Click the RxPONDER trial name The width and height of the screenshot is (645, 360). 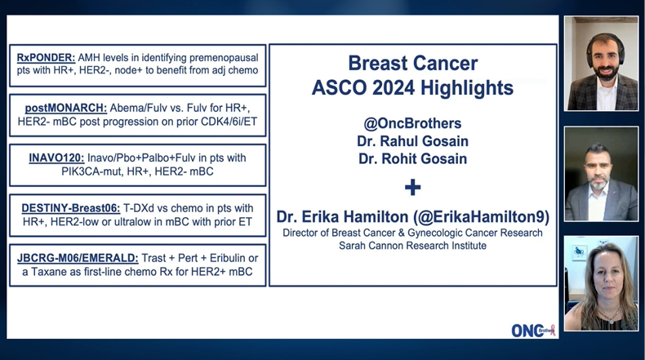point(47,58)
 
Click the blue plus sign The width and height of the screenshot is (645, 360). point(413,187)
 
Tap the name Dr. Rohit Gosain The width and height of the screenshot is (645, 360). point(412,158)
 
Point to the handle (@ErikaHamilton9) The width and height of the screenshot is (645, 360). point(483,217)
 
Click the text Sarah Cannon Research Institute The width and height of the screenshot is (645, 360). point(412,245)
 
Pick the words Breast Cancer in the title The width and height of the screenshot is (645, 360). point(412,63)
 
